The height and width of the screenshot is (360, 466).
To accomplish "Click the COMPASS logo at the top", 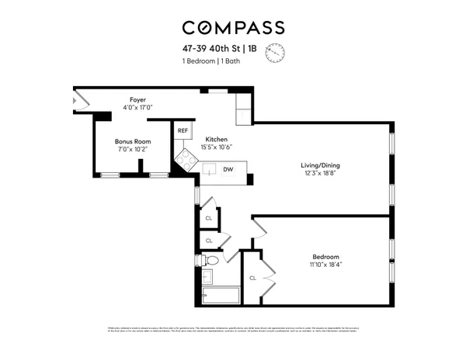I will click(x=232, y=28).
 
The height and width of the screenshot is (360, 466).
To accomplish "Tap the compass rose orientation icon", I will click(x=275, y=53).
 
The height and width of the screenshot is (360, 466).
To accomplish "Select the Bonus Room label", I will click(x=132, y=141).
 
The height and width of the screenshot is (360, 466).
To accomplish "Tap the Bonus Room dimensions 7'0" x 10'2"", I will click(x=132, y=151).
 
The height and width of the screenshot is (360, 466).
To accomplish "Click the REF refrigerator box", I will click(x=183, y=132).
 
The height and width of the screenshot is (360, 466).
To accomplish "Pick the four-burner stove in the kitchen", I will click(x=186, y=161).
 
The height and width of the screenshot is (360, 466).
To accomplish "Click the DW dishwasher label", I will click(x=228, y=169).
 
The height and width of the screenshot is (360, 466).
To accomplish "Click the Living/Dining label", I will click(x=321, y=165).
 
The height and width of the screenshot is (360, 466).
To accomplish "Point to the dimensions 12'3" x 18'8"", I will click(x=321, y=175).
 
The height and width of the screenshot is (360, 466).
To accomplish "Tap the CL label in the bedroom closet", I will click(x=253, y=278).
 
